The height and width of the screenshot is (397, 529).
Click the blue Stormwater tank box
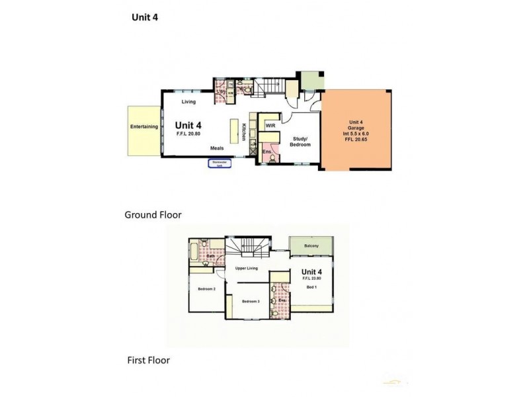[220, 163]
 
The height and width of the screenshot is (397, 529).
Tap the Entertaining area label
[143, 126]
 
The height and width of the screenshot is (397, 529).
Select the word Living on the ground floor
[190, 102]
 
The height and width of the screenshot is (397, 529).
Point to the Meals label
[218, 148]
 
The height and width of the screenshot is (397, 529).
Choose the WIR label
[270, 124]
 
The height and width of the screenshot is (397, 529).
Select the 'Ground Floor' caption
[153, 214]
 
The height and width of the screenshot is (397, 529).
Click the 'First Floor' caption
[149, 361]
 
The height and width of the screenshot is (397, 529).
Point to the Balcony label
[311, 247]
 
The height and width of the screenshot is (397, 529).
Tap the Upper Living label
[246, 268]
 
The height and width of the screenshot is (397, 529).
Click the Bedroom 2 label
[206, 289]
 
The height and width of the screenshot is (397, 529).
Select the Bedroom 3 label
[250, 302]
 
